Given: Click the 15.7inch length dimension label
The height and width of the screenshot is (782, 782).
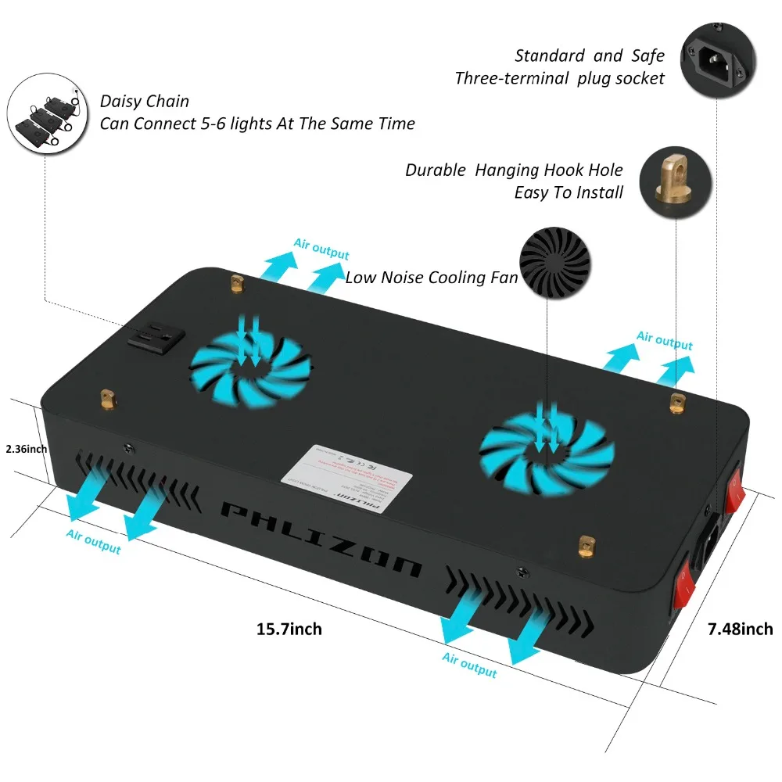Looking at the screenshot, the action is (x=289, y=628).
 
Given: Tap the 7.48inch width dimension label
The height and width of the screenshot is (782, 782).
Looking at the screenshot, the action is (x=739, y=628).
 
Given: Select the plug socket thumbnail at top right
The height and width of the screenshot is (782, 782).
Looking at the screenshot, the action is (x=718, y=58).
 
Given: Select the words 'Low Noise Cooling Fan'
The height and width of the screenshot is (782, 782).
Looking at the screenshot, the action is (x=431, y=277).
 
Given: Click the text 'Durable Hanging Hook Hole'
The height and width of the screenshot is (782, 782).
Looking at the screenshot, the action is (x=514, y=170).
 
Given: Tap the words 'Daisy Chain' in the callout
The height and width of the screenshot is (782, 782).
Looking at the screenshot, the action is (x=145, y=102).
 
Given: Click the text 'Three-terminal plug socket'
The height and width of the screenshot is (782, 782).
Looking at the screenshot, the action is (x=559, y=78).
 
